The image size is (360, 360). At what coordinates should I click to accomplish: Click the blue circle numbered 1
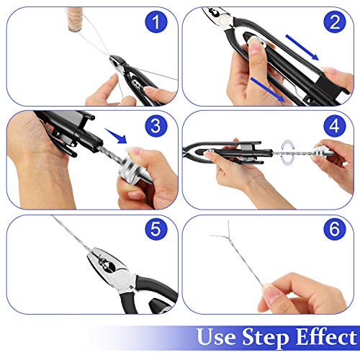point(156,22)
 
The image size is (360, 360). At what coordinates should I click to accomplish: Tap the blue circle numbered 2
point(335,22)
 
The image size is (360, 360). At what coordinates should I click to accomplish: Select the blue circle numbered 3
point(156,125)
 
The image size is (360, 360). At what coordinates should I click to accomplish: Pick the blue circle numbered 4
point(335,125)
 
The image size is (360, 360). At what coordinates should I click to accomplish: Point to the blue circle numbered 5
point(156,229)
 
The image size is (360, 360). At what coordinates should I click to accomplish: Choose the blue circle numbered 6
point(335,229)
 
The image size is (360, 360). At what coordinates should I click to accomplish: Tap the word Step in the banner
point(265,338)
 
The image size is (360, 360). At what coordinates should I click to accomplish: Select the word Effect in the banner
point(326,336)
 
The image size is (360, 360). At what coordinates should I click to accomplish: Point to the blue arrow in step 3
point(116,136)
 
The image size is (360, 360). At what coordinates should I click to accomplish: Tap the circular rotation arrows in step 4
point(288,153)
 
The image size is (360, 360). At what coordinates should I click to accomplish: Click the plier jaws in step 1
point(116,63)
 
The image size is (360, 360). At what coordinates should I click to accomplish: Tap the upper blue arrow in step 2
point(302,48)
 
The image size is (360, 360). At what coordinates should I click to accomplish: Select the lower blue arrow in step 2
point(268,89)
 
